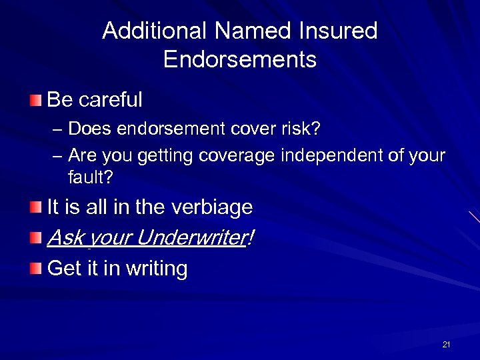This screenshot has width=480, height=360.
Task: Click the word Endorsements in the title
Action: pyautogui.click(x=239, y=60)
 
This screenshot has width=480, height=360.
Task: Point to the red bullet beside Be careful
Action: pyautogui.click(x=35, y=101)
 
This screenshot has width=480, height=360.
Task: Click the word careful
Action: pyautogui.click(x=110, y=100)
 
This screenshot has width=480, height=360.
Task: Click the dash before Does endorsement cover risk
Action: pyautogui.click(x=56, y=128)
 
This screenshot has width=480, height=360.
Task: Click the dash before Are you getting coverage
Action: pyautogui.click(x=56, y=156)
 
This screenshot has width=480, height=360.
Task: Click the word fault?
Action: pyautogui.click(x=90, y=177)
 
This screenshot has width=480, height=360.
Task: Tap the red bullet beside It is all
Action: pyautogui.click(x=35, y=208)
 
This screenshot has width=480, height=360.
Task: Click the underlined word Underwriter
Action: pyautogui.click(x=193, y=237)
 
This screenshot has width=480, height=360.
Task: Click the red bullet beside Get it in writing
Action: pyautogui.click(x=35, y=269)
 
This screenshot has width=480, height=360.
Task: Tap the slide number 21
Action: pyautogui.click(x=446, y=345)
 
